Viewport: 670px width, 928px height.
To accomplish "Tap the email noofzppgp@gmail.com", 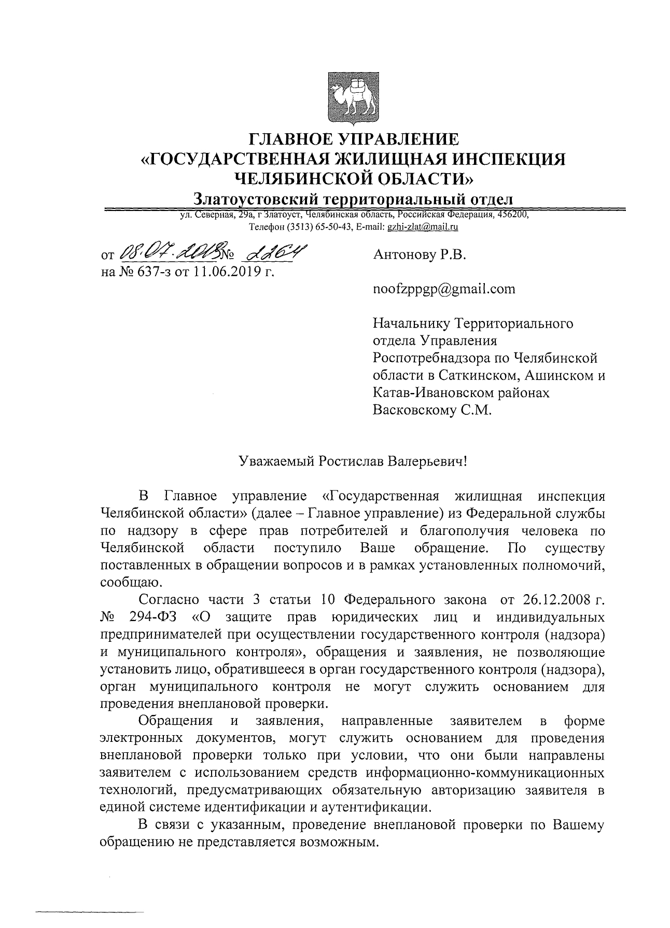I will click(444, 289).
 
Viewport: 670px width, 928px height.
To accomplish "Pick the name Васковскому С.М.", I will click(431, 410).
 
